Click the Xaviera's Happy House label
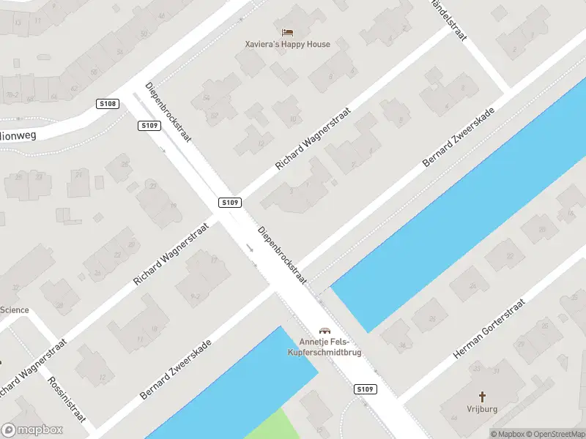tap(287, 44)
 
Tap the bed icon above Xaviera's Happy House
tap(287, 32)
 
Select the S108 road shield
tap(108, 105)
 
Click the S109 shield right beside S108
tap(149, 126)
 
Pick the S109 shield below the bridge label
tap(365, 389)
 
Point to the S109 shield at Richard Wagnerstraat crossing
tap(229, 202)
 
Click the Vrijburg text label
tap(482, 410)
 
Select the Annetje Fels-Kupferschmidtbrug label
tap(330, 348)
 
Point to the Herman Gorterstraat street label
tap(489, 329)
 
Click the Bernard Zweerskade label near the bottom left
tap(176, 369)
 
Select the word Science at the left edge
tap(15, 310)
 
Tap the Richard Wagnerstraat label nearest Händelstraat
tap(314, 138)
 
